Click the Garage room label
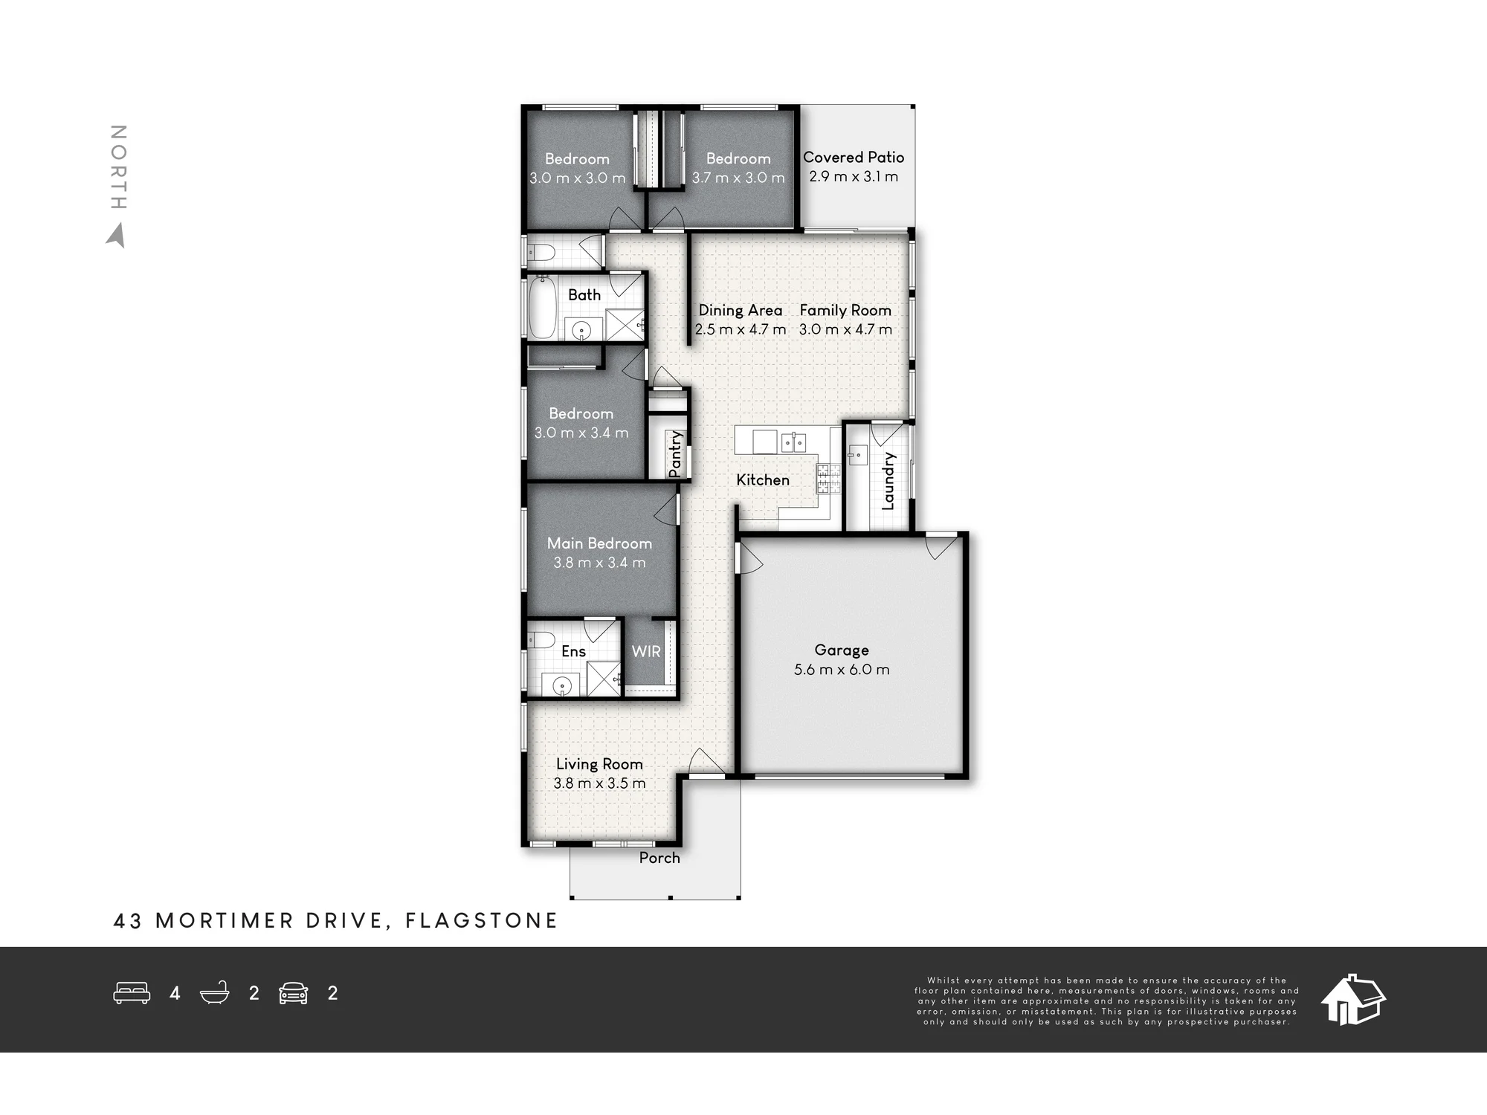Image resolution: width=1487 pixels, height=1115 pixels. [842, 650]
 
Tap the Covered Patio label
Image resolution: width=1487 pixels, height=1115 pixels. [854, 158]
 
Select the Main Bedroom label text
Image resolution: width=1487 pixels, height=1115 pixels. [599, 543]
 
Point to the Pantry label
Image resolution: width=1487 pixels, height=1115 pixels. [675, 453]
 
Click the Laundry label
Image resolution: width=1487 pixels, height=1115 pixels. [888, 481]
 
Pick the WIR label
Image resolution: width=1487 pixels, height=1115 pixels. [646, 652]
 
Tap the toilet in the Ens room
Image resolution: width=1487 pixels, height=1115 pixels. [541, 640]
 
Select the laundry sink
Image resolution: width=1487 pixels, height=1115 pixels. [857, 453]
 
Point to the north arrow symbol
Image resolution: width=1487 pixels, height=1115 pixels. [116, 236]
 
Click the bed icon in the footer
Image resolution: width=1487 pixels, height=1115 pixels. [132, 993]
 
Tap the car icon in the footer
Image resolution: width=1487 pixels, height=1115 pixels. [294, 993]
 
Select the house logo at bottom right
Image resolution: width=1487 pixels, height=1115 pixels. [1353, 999]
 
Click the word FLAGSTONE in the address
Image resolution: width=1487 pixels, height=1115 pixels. [481, 921]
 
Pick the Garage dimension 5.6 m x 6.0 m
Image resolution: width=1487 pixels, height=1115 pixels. [842, 670]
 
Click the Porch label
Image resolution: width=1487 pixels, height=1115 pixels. [659, 858]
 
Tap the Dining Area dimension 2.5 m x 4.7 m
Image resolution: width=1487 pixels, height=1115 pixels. [741, 329]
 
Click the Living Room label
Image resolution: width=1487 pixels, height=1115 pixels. [599, 764]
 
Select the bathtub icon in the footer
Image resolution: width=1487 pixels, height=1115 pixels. [214, 993]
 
